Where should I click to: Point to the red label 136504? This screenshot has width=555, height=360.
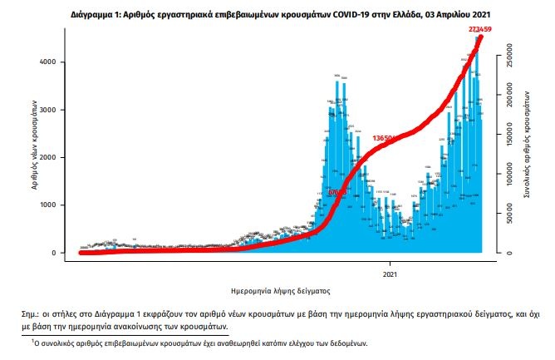pyautogui.click(x=387, y=137)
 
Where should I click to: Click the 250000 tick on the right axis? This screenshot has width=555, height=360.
pyautogui.click(x=509, y=58)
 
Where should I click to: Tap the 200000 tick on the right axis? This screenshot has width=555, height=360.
pyautogui.click(x=509, y=97)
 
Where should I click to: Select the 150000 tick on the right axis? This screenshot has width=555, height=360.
pyautogui.click(x=509, y=136)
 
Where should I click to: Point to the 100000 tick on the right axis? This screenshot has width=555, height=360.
pyautogui.click(x=509, y=175)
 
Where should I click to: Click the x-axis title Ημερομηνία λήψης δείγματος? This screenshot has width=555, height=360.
pyautogui.click(x=281, y=292)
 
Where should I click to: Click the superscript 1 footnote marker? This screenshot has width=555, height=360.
pyautogui.click(x=32, y=340)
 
